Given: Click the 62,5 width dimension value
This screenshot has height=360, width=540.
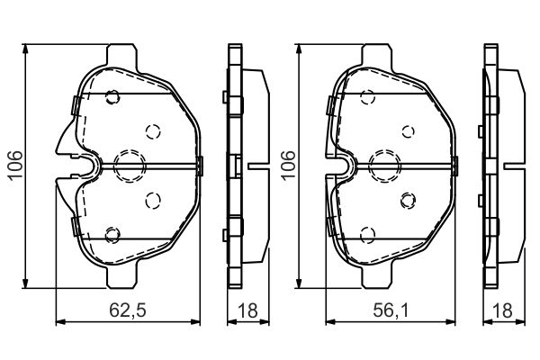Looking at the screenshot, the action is [128, 310].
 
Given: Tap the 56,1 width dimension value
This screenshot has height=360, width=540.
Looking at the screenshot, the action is [391, 310].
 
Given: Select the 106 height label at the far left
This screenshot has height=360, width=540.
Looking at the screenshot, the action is [16, 165].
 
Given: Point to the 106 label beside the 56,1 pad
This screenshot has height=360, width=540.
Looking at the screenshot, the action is [288, 165].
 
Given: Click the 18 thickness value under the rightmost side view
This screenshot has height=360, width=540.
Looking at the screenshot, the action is [503, 310].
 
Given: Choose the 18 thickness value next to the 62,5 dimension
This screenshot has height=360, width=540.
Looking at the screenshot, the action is [247, 310].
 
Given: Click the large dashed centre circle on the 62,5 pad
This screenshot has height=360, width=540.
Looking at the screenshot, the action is [130, 166].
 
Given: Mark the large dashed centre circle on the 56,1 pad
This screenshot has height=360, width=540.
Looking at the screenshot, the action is [384, 166].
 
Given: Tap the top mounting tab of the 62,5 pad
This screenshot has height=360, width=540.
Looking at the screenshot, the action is [121, 54].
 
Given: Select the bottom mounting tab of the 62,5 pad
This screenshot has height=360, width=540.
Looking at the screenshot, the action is [121, 277].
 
